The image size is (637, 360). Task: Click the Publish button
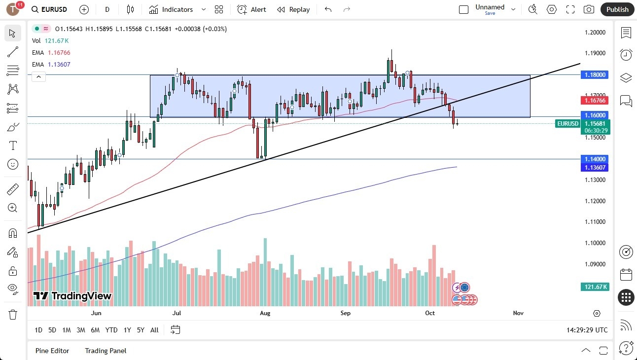click(617, 9)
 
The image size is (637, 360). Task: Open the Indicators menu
click(171, 9)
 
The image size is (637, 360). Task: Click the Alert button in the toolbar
click(251, 9)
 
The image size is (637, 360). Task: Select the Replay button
click(293, 9)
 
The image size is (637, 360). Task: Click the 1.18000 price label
click(596, 75)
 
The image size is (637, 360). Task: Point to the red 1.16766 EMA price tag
click(596, 100)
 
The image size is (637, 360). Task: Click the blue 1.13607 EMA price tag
click(596, 168)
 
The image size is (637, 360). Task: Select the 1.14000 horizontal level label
click(596, 159)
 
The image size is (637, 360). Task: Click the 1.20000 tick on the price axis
click(595, 33)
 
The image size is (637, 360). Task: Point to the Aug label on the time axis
click(265, 313)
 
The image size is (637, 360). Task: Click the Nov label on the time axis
click(518, 313)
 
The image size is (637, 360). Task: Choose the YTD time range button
click(111, 330)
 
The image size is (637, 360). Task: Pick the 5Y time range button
click(141, 330)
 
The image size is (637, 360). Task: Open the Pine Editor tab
click(52, 351)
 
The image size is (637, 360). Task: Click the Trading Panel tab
click(106, 351)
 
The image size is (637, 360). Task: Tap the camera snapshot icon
click(589, 9)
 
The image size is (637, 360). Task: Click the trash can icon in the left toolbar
click(13, 314)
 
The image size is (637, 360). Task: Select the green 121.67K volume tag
click(596, 287)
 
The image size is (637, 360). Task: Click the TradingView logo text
click(73, 296)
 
